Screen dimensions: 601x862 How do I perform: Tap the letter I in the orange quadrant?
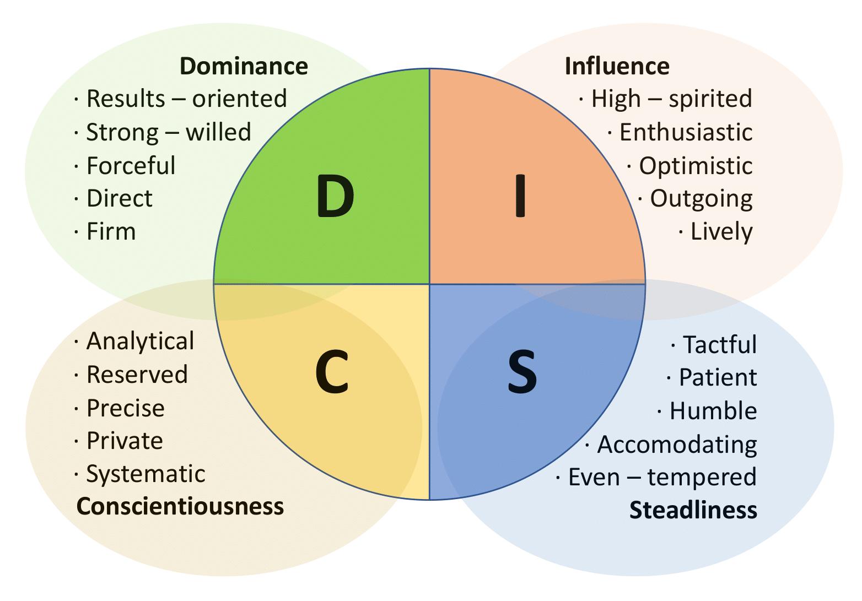pyautogui.click(x=520, y=198)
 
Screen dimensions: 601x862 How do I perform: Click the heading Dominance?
pyautogui.click(x=244, y=66)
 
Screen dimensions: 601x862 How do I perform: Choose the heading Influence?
pyautogui.click(x=617, y=66)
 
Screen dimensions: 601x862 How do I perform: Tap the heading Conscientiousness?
pyautogui.click(x=180, y=505)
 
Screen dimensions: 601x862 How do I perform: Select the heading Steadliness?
pyautogui.click(x=693, y=510)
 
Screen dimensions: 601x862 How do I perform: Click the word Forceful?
pyautogui.click(x=131, y=166)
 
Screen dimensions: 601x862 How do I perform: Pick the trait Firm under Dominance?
pyautogui.click(x=111, y=231)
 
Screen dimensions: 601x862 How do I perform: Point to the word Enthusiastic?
pyautogui.click(x=686, y=133)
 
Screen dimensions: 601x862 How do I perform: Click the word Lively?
pyautogui.click(x=721, y=232)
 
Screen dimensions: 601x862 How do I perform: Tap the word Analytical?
pyautogui.click(x=140, y=342)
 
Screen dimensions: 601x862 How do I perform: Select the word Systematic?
pyautogui.click(x=146, y=474)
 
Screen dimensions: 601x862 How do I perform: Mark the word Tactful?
pyautogui.click(x=720, y=345)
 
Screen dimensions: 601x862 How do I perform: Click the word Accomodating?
pyautogui.click(x=677, y=444)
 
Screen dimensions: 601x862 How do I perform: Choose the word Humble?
pyautogui.click(x=713, y=411)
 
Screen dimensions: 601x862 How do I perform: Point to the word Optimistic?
pyautogui.click(x=696, y=166)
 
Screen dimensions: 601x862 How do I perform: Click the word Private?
pyautogui.click(x=125, y=441)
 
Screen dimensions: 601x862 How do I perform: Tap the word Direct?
pyautogui.click(x=119, y=198)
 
